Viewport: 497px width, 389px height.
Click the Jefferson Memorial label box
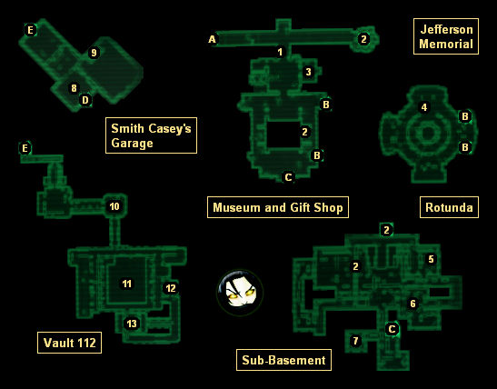(x=446, y=36)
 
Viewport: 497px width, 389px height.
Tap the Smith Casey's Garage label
(x=151, y=135)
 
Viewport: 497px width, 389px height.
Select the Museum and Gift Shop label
(x=278, y=207)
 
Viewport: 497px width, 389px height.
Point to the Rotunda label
(x=449, y=207)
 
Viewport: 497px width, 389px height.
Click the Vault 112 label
(x=69, y=343)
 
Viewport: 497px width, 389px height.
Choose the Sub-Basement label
(x=283, y=360)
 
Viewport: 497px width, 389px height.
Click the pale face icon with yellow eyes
(x=240, y=293)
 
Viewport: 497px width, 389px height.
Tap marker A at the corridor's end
(x=212, y=39)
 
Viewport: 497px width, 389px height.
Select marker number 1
(x=280, y=52)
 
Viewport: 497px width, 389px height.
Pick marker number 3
(x=308, y=72)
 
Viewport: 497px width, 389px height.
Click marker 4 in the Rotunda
(x=424, y=107)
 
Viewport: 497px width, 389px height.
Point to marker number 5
(x=431, y=259)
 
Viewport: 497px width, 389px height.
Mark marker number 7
(x=355, y=341)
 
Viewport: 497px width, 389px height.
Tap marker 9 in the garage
(x=94, y=53)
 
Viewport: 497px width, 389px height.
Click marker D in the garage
(x=85, y=100)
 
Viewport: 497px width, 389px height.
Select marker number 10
(x=114, y=206)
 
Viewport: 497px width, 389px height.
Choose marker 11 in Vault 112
(x=127, y=284)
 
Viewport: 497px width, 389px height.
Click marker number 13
(x=132, y=324)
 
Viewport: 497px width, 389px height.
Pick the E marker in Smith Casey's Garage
(x=30, y=30)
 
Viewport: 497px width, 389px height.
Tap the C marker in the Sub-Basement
(x=393, y=329)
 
